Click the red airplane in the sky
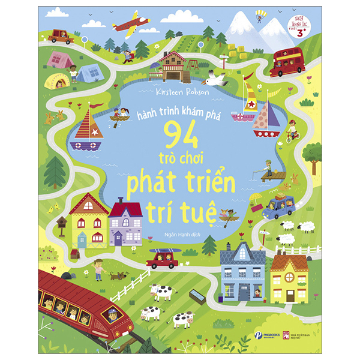pyautogui.click(x=131, y=24)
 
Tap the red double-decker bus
pyautogui.click(x=287, y=63)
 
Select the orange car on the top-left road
pyautogui.click(x=61, y=37)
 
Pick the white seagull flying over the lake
pyautogui.click(x=213, y=79)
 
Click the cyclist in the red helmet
pyautogui.click(x=292, y=130)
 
